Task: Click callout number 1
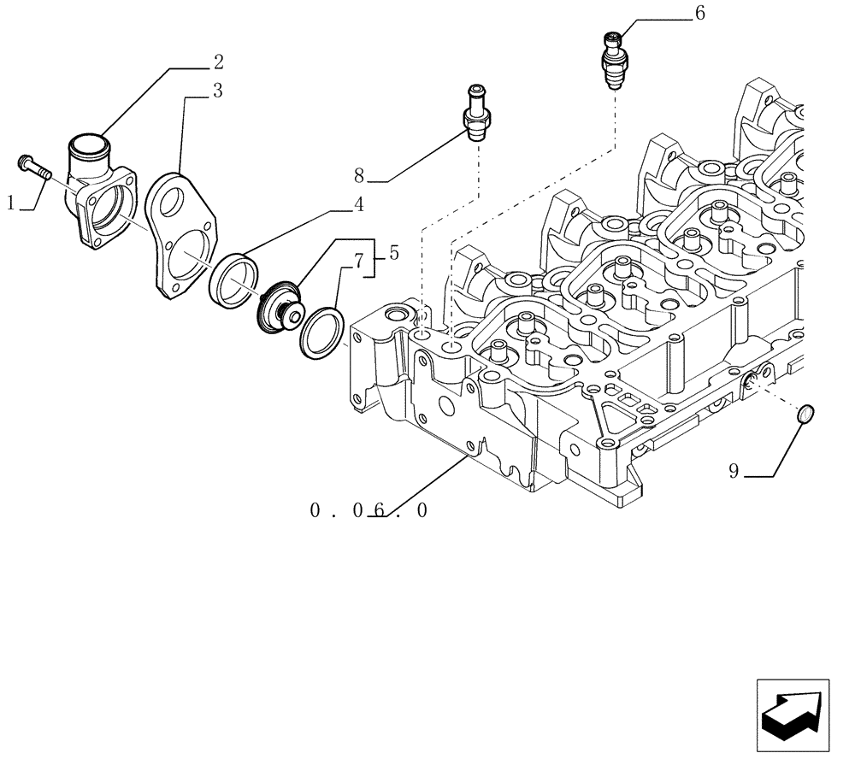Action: pyautogui.click(x=10, y=203)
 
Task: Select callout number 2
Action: pyautogui.click(x=218, y=62)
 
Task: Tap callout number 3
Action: pyautogui.click(x=218, y=91)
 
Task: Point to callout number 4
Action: pyautogui.click(x=358, y=204)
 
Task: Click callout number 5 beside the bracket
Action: pyautogui.click(x=393, y=253)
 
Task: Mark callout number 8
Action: pyautogui.click(x=359, y=176)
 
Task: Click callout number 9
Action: pyautogui.click(x=734, y=470)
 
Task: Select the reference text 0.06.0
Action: pyautogui.click(x=369, y=511)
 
